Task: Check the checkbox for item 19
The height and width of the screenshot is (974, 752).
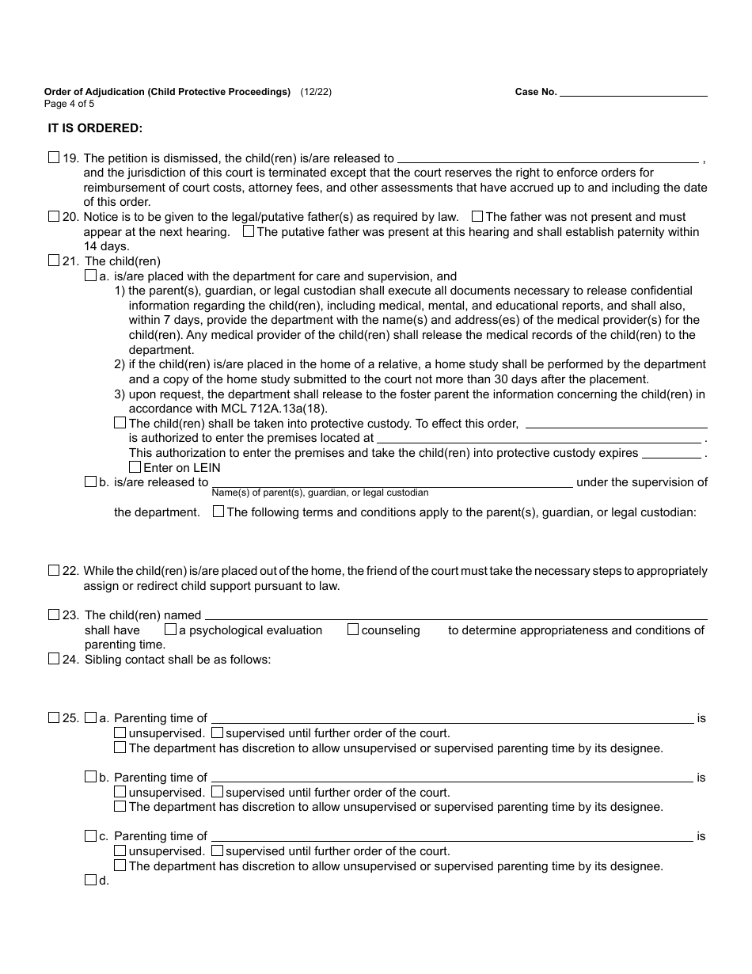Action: click(54, 158)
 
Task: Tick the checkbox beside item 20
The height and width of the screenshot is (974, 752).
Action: click(54, 216)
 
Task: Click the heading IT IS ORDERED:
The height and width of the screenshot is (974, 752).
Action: click(95, 127)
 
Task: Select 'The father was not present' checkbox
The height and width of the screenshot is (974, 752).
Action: click(477, 216)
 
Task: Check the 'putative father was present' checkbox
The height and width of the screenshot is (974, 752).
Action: click(249, 231)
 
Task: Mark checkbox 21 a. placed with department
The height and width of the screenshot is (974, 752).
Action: click(90, 276)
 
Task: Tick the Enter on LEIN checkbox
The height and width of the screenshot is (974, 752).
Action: click(135, 467)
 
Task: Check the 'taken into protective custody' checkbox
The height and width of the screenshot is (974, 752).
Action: click(120, 423)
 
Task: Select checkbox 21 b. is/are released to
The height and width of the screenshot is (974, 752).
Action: click(90, 481)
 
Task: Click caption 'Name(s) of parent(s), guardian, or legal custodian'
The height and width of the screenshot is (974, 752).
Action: click(320, 493)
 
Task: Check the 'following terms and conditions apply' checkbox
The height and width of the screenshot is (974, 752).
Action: click(218, 512)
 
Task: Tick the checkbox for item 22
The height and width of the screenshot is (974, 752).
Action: click(54, 570)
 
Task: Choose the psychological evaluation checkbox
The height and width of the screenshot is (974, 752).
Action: click(170, 630)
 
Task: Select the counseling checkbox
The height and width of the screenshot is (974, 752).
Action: click(353, 630)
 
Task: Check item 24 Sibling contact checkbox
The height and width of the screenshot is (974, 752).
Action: click(54, 659)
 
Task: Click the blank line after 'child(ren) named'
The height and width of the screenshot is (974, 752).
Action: click(456, 615)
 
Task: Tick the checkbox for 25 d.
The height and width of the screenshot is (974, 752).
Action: click(90, 880)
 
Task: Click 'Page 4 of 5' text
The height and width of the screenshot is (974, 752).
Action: click(69, 104)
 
